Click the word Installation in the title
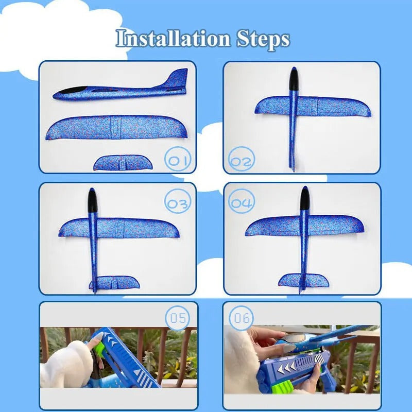(x=173, y=39)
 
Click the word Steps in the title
(x=263, y=39)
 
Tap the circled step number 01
(x=178, y=160)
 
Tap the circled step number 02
(x=242, y=161)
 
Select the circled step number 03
(x=178, y=203)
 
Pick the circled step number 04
(x=242, y=202)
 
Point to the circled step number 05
(x=178, y=318)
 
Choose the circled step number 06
(x=242, y=318)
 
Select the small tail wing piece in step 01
(x=123, y=163)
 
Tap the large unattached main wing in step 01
(x=116, y=127)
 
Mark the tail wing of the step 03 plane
(x=114, y=283)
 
